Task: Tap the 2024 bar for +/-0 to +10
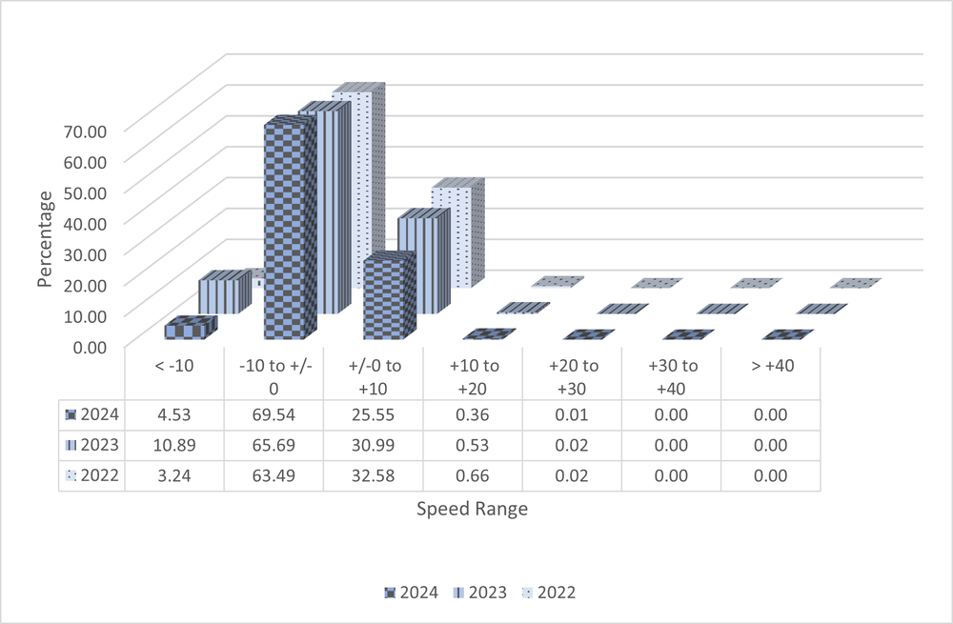(x=387, y=298)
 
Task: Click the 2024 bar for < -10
(x=187, y=331)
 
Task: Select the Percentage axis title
(x=44, y=238)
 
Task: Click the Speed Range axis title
(x=472, y=509)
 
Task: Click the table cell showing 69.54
(x=274, y=415)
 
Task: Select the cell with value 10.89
(x=174, y=446)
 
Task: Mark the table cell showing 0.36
(x=473, y=415)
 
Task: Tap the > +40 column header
(x=770, y=367)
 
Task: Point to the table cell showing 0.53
(x=473, y=446)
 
